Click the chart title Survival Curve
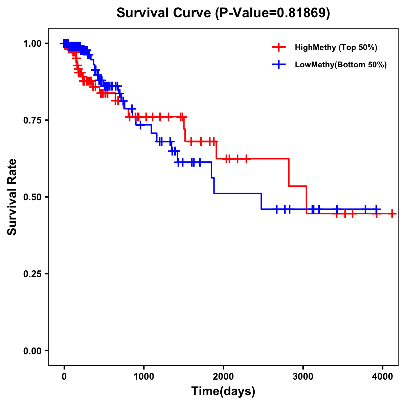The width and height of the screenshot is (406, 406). click(x=164, y=13)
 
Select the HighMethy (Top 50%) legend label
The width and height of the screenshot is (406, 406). click(x=336, y=47)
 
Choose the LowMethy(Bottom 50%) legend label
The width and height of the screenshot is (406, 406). click(x=341, y=65)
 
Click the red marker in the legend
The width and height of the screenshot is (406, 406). click(x=279, y=47)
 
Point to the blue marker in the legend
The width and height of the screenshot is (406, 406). click(x=279, y=65)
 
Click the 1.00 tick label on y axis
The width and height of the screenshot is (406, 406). click(x=32, y=43)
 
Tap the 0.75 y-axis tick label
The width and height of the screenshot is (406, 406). click(x=32, y=120)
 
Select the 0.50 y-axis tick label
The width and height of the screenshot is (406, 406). click(x=32, y=197)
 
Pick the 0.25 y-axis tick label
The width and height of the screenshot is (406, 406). click(x=32, y=274)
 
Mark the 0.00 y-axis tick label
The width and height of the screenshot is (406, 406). click(x=32, y=351)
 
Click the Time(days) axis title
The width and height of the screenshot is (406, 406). click(x=223, y=391)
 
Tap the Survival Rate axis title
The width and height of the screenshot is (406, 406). click(x=12, y=197)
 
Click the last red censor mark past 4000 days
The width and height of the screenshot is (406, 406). click(x=392, y=214)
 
